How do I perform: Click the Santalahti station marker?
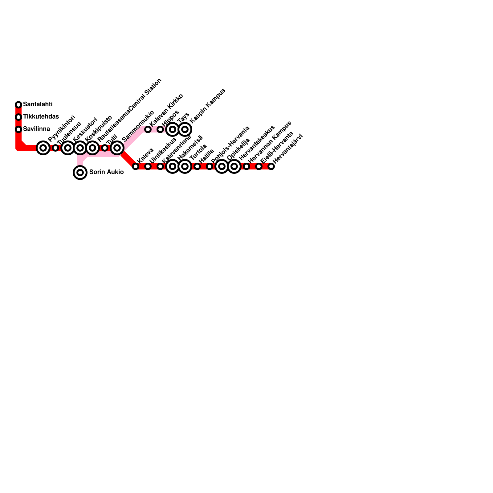click(18, 105)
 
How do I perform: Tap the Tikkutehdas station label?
click(41, 117)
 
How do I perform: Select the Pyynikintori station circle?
click(43, 148)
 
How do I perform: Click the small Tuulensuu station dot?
click(55, 148)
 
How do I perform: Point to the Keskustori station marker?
click(68, 148)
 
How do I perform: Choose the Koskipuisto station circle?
click(80, 148)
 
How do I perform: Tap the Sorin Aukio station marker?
click(80, 173)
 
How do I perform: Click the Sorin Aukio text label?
click(106, 172)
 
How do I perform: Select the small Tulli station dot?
click(105, 148)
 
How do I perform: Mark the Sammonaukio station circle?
click(117, 148)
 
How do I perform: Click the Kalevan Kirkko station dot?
click(148, 129)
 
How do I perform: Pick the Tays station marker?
click(173, 129)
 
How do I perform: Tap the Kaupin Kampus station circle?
click(185, 129)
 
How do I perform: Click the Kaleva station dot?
click(136, 166)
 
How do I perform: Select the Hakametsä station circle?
click(173, 166)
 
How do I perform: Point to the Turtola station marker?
click(185, 166)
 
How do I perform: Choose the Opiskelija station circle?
click(222, 166)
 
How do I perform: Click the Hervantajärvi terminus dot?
click(271, 166)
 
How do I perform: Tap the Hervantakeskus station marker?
click(234, 166)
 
